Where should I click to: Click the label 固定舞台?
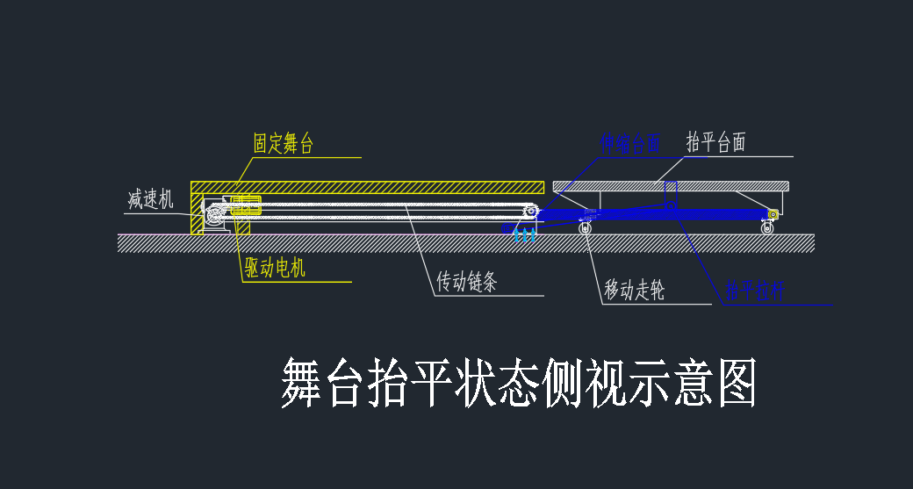283,144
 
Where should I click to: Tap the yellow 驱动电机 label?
275,268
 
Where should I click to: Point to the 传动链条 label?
467,283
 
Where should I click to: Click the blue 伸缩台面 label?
629,143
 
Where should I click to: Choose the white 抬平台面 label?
715,143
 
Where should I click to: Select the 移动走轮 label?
634,291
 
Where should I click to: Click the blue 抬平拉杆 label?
754,291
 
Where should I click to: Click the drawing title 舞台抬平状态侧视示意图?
518,383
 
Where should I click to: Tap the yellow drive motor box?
246,207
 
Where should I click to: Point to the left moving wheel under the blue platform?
585,228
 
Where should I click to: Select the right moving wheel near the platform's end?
768,228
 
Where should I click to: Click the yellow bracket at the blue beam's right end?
773,215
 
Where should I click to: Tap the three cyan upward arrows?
525,234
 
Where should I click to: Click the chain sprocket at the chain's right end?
531,212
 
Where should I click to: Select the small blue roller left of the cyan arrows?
507,228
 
